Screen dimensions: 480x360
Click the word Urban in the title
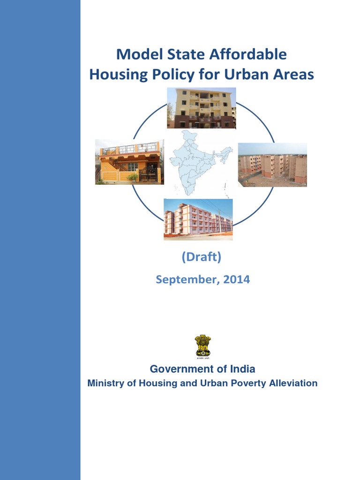(x=246, y=75)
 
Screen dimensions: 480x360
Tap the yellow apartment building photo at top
(x=202, y=108)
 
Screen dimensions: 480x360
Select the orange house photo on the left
(x=129, y=162)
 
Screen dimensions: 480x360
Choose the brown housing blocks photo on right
(x=272, y=165)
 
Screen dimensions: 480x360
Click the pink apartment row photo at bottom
(x=198, y=219)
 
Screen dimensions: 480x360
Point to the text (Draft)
(x=201, y=257)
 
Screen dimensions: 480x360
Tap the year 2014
(x=237, y=280)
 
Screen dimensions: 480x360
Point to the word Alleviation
(x=293, y=383)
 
